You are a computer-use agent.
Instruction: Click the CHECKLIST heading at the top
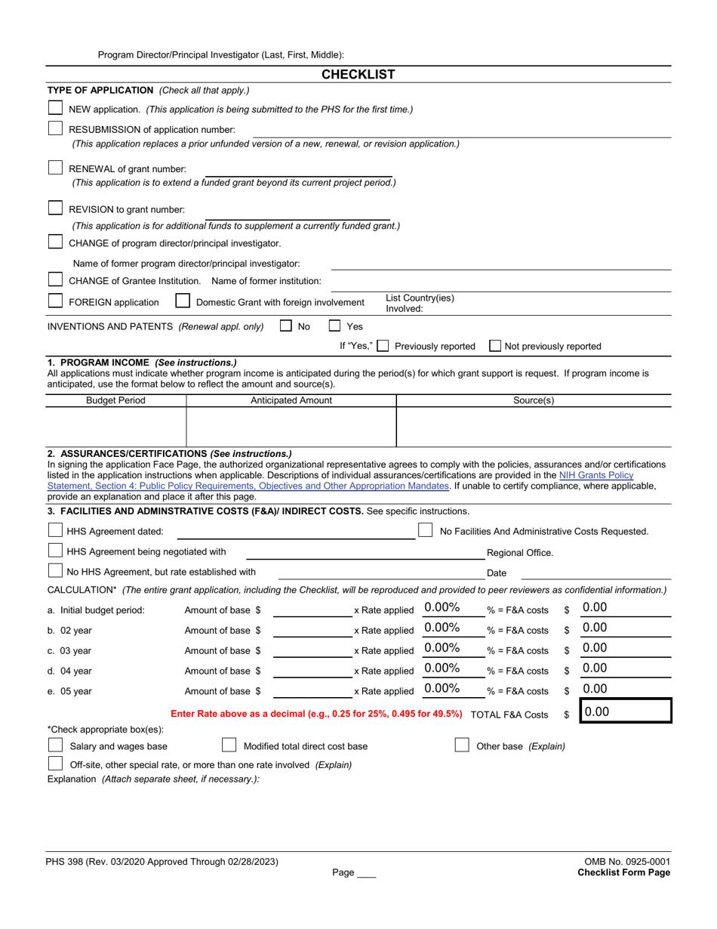point(358,74)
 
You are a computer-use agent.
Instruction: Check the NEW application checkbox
point(56,108)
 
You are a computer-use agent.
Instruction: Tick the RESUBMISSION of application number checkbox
point(56,128)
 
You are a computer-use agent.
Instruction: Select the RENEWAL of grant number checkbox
point(56,168)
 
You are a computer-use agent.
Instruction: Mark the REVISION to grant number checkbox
point(56,208)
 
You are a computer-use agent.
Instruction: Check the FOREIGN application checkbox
point(56,301)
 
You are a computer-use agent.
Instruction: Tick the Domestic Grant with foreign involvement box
point(183,301)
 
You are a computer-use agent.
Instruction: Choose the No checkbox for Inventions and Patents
point(286,326)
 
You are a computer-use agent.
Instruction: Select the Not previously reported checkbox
point(495,346)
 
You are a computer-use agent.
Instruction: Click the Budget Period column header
point(115,400)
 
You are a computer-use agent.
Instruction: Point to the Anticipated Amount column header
point(291,400)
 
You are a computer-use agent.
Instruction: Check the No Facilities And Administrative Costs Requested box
point(426,530)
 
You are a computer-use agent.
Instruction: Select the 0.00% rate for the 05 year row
point(442,688)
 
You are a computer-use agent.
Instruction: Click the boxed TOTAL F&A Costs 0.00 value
point(625,712)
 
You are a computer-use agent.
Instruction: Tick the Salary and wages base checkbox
point(56,745)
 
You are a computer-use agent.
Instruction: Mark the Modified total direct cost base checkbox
point(229,745)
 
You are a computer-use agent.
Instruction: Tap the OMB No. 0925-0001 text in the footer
point(626,862)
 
